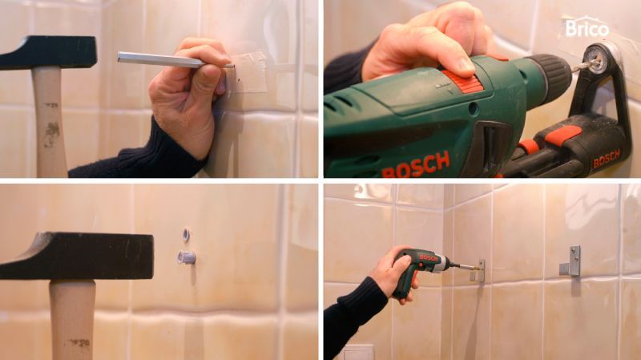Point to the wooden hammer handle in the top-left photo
tap(50, 122)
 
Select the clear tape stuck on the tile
tap(248, 72)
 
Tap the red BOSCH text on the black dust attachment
tap(606, 159)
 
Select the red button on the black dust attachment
tap(562, 135)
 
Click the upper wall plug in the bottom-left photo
tap(186, 234)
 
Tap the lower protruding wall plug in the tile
tap(186, 257)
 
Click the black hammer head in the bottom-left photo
tap(77, 256)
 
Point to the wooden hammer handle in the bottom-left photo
tap(72, 320)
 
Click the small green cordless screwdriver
tap(419, 269)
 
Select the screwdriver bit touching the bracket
tap(465, 268)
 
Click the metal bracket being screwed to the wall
tap(479, 271)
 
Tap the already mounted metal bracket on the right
tap(571, 261)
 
